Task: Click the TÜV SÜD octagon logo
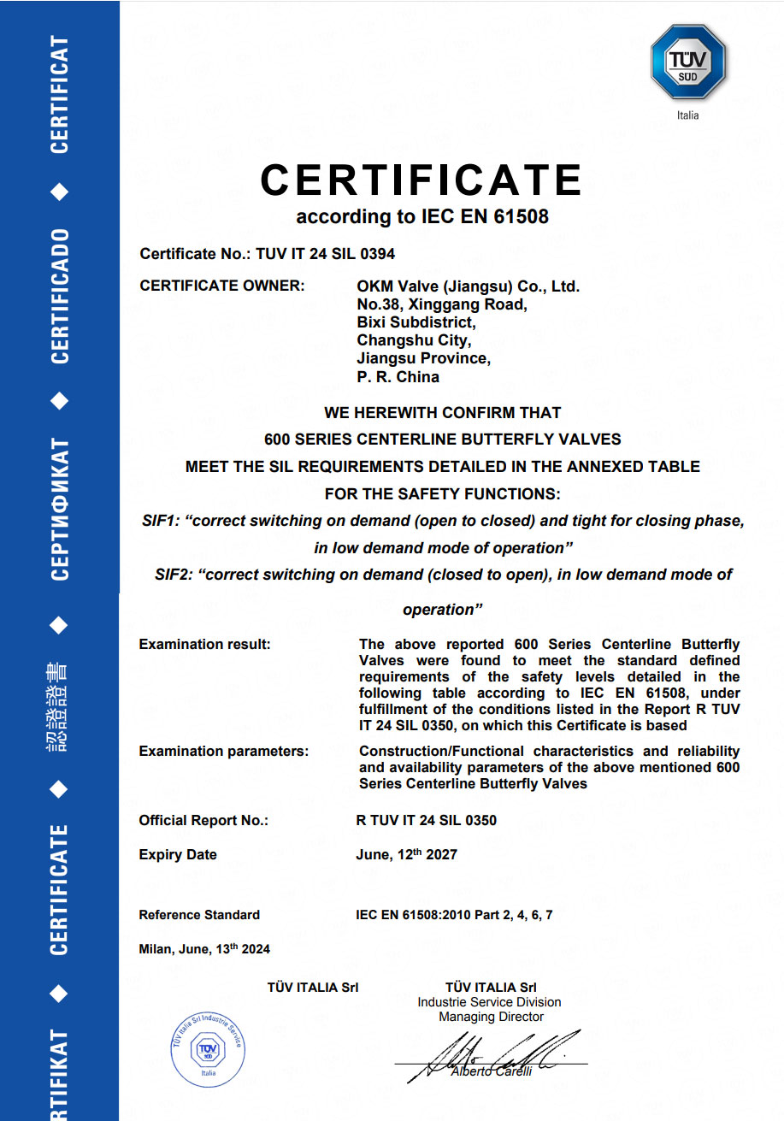tap(687, 62)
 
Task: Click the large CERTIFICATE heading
tap(421, 180)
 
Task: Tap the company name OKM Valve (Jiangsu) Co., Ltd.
tap(468, 286)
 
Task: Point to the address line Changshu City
tap(413, 340)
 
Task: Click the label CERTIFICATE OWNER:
tap(221, 286)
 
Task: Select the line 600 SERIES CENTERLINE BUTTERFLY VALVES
tap(442, 440)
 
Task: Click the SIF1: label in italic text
tap(162, 521)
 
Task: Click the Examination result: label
tap(204, 644)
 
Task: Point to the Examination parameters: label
tap(223, 751)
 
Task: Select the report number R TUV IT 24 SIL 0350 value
tap(426, 820)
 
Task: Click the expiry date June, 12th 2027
tap(406, 854)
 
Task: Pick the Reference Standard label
tap(199, 915)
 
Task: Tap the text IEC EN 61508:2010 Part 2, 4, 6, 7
tap(454, 915)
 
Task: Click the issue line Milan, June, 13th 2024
tap(204, 949)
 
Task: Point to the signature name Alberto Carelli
tap(491, 1071)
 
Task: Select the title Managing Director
tap(491, 1017)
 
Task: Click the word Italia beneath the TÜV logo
tap(687, 115)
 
